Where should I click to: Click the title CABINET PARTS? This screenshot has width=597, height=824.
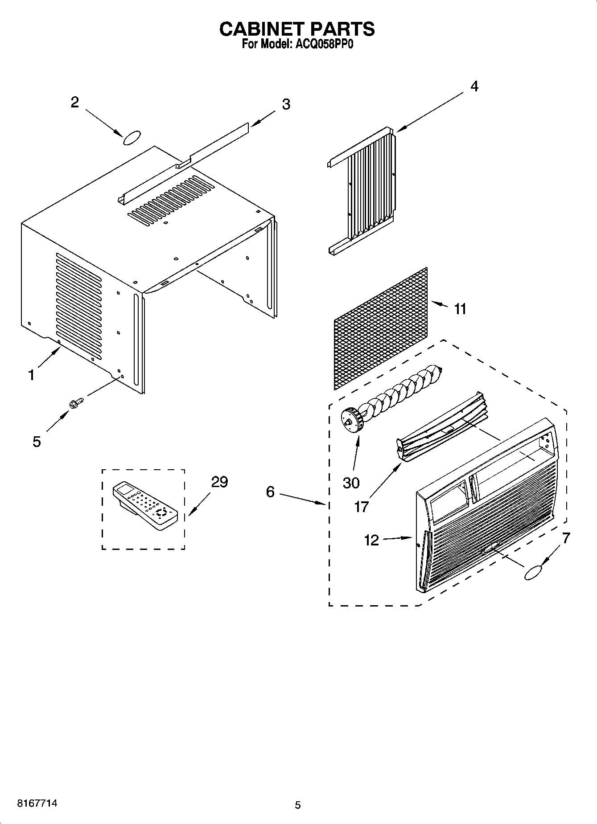coord(297,29)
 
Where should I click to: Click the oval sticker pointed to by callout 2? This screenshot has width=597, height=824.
coord(132,138)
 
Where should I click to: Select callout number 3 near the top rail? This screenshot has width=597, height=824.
coord(286,104)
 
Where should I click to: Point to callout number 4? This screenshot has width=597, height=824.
coord(474,86)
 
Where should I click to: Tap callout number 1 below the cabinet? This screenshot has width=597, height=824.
coord(31,375)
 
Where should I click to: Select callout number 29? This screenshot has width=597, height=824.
coord(219,482)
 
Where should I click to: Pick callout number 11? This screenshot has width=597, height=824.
coord(460,308)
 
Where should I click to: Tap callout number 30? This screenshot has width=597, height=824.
coord(351,483)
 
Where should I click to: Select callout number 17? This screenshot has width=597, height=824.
coord(362,506)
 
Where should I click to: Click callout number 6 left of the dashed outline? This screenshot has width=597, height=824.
coord(270,492)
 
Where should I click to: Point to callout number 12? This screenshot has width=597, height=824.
coord(371,540)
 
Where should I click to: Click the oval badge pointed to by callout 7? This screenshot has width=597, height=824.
coord(533,573)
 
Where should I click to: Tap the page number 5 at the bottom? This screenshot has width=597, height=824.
coord(298,805)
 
